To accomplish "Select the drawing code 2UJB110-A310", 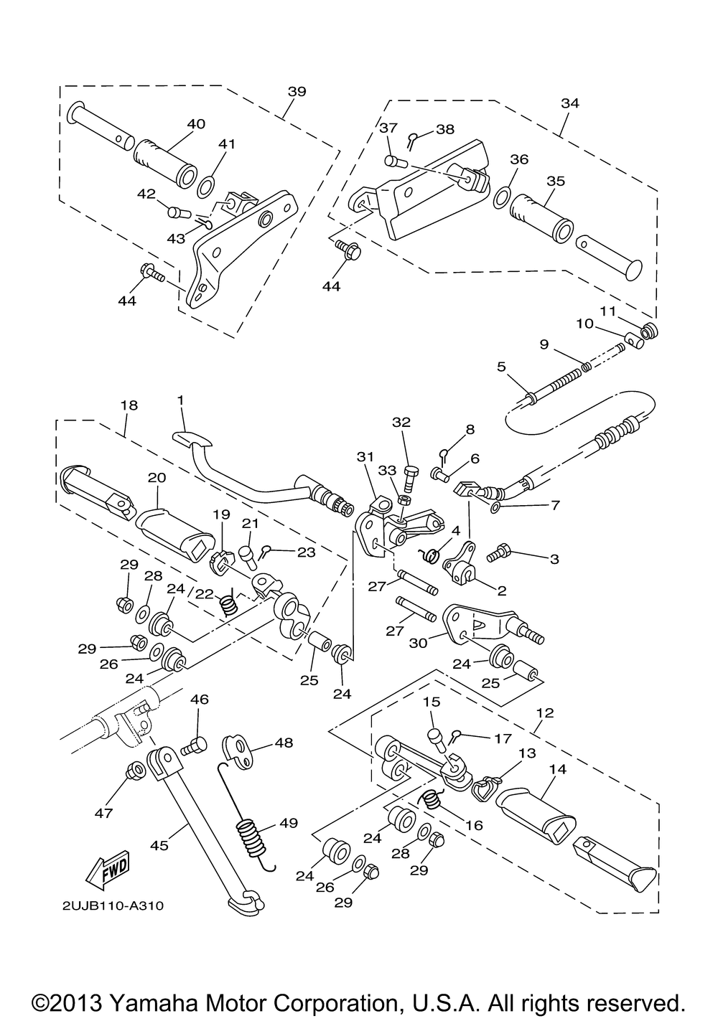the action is coord(113,905).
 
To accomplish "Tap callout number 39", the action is coord(297,91).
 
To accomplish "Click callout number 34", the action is coord(570,103).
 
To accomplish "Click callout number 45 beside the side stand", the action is coord(159,845).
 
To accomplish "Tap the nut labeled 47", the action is coord(136,771).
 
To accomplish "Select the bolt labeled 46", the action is coord(194,746).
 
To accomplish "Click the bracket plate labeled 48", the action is coord(238,751).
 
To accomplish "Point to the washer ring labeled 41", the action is coord(207,187).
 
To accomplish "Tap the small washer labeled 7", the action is coord(496,507).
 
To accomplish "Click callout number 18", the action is coord(129,405).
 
